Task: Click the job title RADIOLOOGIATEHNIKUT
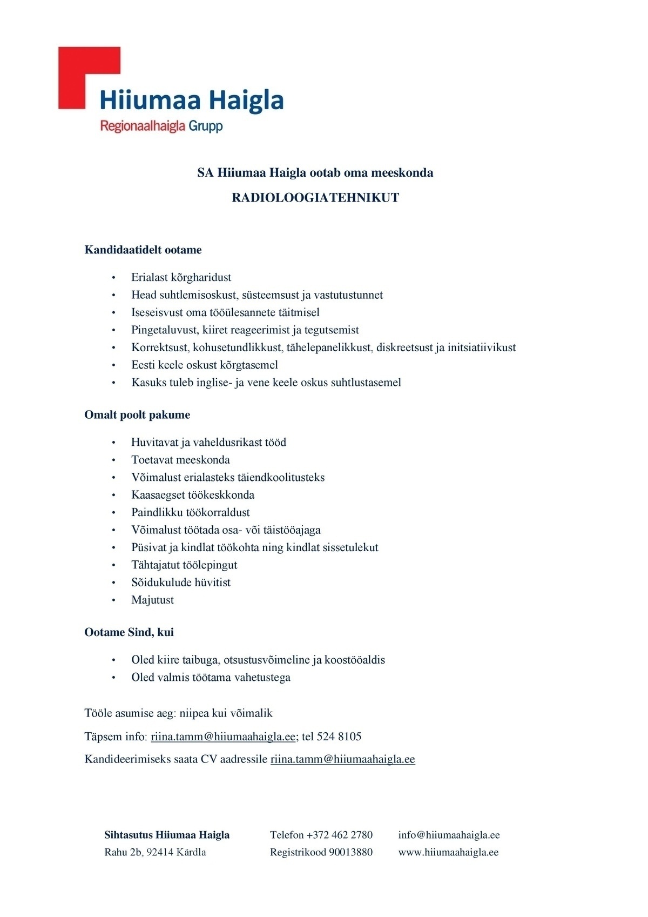[315, 198]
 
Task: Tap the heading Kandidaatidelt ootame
[143, 250]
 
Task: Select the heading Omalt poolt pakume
[137, 415]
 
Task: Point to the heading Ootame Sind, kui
[129, 632]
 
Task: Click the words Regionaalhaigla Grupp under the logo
[161, 126]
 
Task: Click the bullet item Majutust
[152, 600]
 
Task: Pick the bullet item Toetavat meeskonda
[180, 460]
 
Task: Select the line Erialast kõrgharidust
[181, 277]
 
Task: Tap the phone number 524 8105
[339, 737]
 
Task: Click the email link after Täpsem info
[223, 737]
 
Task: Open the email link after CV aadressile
[342, 759]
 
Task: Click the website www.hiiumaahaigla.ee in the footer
[448, 852]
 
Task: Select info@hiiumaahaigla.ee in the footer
[449, 835]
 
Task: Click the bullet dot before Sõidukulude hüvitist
[113, 583]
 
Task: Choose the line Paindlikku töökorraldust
[190, 512]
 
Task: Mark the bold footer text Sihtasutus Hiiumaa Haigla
[167, 835]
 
